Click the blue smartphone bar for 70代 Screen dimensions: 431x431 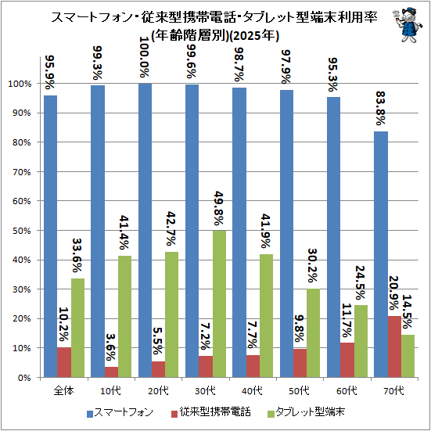pos(381,254)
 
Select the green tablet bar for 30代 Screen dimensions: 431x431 pos(219,303)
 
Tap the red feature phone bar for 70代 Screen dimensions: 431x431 pos(394,347)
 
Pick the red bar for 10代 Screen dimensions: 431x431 pos(111,372)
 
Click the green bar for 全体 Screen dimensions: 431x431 pos(77,328)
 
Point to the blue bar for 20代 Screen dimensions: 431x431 pos(145,230)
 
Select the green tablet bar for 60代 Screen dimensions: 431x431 pos(361,341)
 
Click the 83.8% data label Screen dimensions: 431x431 pos(381,109)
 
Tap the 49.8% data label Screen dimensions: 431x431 pos(219,208)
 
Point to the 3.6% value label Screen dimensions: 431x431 pos(111,347)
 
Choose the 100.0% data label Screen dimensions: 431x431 pos(145,57)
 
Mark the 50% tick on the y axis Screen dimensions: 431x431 pos(22,231)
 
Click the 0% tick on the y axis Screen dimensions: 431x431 pos(24,378)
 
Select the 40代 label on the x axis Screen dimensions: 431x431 pos(253,390)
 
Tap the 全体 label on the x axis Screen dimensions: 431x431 pos(64,390)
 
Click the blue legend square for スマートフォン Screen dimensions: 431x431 pos(90,414)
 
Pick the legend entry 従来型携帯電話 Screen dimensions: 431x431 pos(211,413)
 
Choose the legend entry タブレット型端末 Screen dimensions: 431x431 pos(307,413)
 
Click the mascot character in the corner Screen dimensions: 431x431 pos(406,24)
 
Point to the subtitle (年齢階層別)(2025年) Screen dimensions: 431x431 pos(215,35)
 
